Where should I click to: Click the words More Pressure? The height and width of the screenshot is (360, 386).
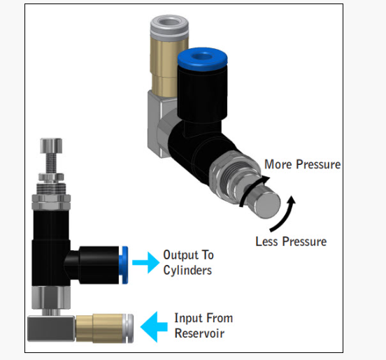tap(302, 164)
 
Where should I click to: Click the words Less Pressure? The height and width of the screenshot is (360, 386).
tap(291, 241)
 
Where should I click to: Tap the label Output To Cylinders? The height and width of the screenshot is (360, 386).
tap(188, 263)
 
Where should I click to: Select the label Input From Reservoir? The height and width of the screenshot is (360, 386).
tap(203, 326)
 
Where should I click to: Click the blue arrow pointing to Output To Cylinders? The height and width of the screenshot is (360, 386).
tap(146, 262)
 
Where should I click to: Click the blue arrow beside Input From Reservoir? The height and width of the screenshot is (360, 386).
tap(154, 326)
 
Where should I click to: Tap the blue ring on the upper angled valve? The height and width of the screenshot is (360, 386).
tap(202, 59)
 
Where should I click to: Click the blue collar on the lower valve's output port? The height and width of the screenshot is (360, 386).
tap(124, 265)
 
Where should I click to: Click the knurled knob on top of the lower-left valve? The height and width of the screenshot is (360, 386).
tap(51, 145)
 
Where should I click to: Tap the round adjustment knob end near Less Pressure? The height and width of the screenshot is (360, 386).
tap(266, 205)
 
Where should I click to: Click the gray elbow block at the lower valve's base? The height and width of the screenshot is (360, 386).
tap(51, 328)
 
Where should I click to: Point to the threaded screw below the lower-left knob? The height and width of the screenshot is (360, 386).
tap(51, 163)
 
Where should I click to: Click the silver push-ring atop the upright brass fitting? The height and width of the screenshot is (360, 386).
tap(169, 27)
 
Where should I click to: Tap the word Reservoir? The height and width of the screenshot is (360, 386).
tap(199, 333)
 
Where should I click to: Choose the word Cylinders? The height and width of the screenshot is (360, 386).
tap(187, 271)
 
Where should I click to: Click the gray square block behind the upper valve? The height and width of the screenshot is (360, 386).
tap(157, 123)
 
